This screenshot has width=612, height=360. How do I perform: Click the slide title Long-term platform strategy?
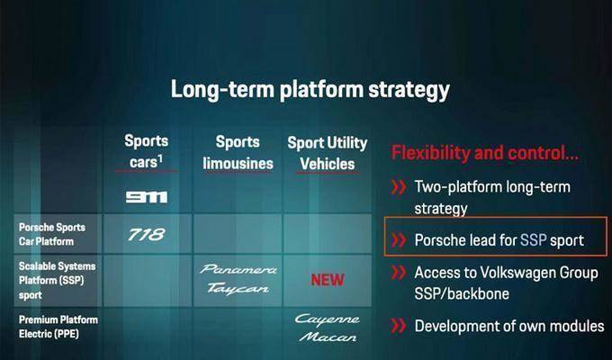310,89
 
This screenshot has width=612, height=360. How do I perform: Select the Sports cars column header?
147,151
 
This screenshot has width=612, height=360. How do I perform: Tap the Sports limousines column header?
238,153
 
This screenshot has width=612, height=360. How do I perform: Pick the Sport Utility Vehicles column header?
328,153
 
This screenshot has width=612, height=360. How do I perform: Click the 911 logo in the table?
147,197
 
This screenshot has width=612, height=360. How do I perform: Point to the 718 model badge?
147,234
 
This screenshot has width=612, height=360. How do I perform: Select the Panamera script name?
238,269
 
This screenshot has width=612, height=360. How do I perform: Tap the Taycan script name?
238,289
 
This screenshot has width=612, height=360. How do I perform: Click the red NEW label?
328,280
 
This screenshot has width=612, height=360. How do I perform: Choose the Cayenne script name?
327,319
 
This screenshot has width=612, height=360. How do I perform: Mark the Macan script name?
328,337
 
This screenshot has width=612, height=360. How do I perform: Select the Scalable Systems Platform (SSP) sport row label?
57,280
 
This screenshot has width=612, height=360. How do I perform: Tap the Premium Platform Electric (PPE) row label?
58,327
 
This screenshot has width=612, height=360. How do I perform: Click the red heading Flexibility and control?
485,153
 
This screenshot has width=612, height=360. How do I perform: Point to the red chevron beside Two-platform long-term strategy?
399,187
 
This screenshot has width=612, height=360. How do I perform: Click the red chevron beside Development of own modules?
399,326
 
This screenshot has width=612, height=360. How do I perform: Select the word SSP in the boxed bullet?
533,239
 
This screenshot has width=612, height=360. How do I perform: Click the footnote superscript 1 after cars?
160,158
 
